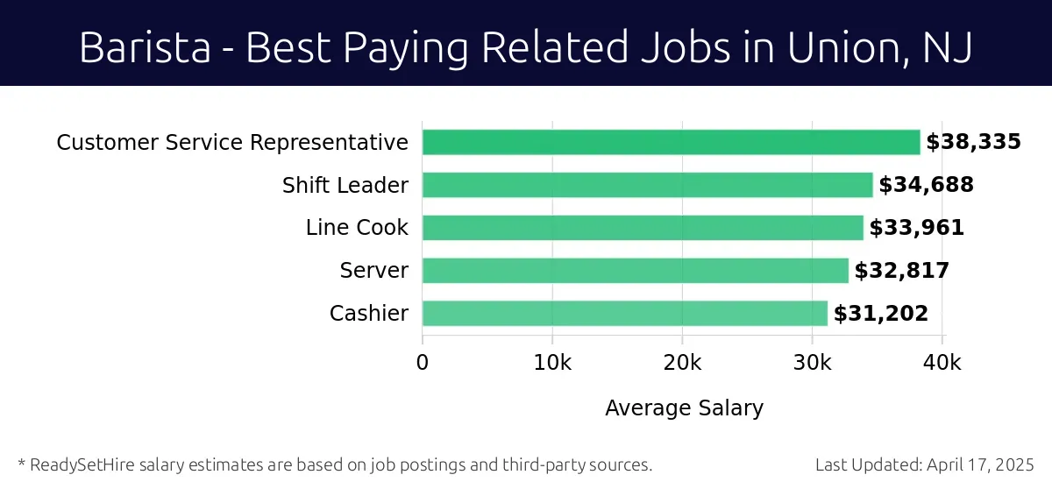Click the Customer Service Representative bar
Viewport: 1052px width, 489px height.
click(x=671, y=142)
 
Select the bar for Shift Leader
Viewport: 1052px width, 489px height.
click(x=647, y=185)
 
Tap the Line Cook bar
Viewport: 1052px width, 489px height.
click(x=643, y=228)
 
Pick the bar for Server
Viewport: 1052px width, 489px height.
click(x=635, y=271)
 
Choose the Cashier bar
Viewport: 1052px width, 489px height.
click(x=624, y=313)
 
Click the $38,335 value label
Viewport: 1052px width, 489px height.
click(x=973, y=142)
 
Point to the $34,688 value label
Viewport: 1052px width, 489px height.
click(x=926, y=185)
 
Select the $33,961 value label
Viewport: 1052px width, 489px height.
click(x=916, y=228)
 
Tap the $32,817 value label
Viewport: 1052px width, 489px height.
click(x=901, y=271)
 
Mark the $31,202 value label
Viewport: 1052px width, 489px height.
click(x=880, y=314)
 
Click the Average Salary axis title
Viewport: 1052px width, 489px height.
click(x=684, y=407)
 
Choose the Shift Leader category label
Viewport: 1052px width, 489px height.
click(x=345, y=185)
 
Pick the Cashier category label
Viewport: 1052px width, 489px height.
click(x=368, y=313)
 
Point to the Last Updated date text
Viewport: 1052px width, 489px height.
click(x=925, y=464)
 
